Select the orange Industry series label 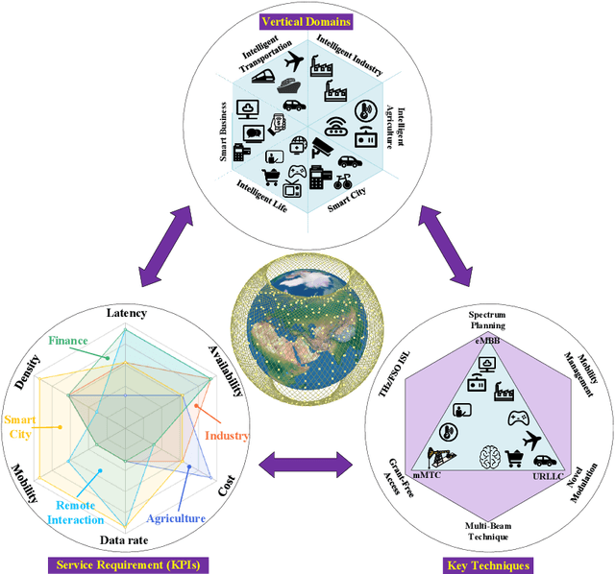[x=228, y=435]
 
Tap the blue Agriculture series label [x=176, y=518]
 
